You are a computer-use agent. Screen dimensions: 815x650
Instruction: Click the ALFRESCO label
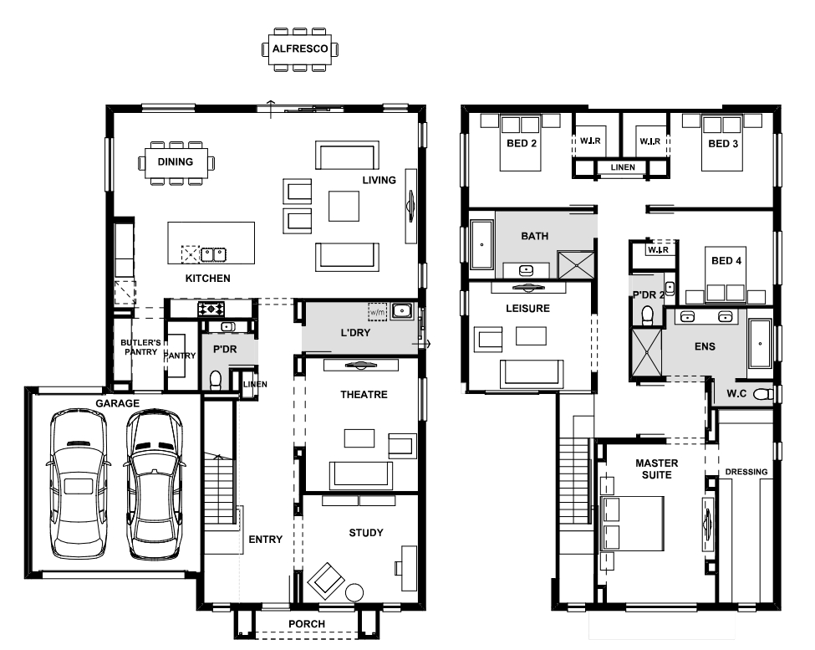pyautogui.click(x=300, y=49)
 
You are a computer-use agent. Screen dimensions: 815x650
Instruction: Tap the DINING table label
pyautogui.click(x=176, y=161)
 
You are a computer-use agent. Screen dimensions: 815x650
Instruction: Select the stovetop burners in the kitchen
pyautogui.click(x=211, y=309)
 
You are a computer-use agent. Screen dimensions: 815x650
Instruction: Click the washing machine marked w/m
pyautogui.click(x=377, y=312)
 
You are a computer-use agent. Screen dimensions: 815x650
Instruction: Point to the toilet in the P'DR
pyautogui.click(x=215, y=380)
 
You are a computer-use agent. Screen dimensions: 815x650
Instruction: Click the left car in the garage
pyautogui.click(x=79, y=484)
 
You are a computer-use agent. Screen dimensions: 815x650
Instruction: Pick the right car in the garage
pyautogui.click(x=154, y=484)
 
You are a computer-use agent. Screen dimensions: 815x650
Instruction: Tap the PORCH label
pyautogui.click(x=307, y=623)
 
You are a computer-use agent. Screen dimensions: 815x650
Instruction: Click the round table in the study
pyautogui.click(x=354, y=592)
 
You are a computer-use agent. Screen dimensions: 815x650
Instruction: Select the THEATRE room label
pyautogui.click(x=364, y=395)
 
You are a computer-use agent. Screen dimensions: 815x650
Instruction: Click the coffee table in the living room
pyautogui.click(x=344, y=206)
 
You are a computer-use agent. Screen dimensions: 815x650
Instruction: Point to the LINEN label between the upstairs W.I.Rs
pyautogui.click(x=623, y=167)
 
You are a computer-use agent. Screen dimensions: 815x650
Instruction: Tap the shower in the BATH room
pyautogui.click(x=576, y=264)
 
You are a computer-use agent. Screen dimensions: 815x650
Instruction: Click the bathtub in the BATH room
pyautogui.click(x=481, y=244)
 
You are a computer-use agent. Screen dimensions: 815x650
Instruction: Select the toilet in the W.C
pyautogui.click(x=763, y=394)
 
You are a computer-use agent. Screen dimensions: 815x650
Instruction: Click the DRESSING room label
pyautogui.click(x=746, y=472)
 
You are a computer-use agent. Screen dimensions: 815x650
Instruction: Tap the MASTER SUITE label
pyautogui.click(x=656, y=468)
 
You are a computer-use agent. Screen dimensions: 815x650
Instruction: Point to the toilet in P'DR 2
pyautogui.click(x=648, y=315)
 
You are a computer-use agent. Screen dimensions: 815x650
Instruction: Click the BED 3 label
pyautogui.click(x=723, y=144)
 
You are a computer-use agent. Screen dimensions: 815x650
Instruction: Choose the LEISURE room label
pyautogui.click(x=527, y=309)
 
